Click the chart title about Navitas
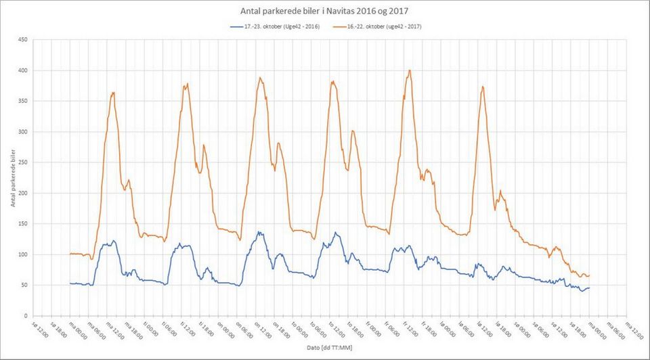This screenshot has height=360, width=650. [324, 11]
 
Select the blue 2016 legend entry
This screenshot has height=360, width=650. [274, 26]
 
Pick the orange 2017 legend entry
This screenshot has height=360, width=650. [379, 26]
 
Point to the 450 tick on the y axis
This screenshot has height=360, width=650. [22, 40]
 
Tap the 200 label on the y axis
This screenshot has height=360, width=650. [22, 194]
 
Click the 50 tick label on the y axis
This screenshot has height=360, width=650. [24, 286]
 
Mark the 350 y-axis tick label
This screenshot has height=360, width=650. [22, 102]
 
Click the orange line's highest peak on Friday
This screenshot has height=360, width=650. [409, 70]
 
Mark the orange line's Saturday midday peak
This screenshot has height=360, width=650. [482, 87]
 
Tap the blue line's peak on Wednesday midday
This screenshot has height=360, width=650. [259, 232]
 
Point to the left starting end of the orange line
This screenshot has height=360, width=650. [70, 254]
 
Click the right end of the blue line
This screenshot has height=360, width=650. [589, 288]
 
